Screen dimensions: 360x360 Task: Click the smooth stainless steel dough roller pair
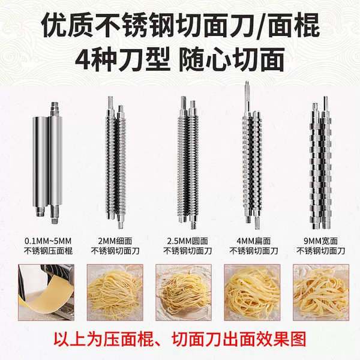point(47,163)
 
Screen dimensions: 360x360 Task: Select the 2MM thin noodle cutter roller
point(116,162)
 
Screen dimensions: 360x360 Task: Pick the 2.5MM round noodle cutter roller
point(188,163)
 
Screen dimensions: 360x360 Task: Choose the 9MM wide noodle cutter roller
point(321,163)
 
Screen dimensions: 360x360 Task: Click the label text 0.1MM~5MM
point(48,241)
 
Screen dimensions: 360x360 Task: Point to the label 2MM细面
point(115,241)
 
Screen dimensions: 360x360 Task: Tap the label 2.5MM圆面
point(187,241)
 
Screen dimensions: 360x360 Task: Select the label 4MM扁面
point(253,241)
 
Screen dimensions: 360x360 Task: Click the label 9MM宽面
point(321,241)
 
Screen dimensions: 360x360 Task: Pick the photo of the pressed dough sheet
point(46,292)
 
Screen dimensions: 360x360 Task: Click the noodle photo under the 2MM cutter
point(115,292)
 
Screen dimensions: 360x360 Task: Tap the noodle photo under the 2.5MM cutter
point(184,292)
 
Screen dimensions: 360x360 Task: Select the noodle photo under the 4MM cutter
point(253,292)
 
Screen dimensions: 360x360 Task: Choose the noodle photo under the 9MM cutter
point(321,292)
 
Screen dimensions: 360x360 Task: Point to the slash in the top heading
point(260,26)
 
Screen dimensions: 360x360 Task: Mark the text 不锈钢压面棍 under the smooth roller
point(48,251)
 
